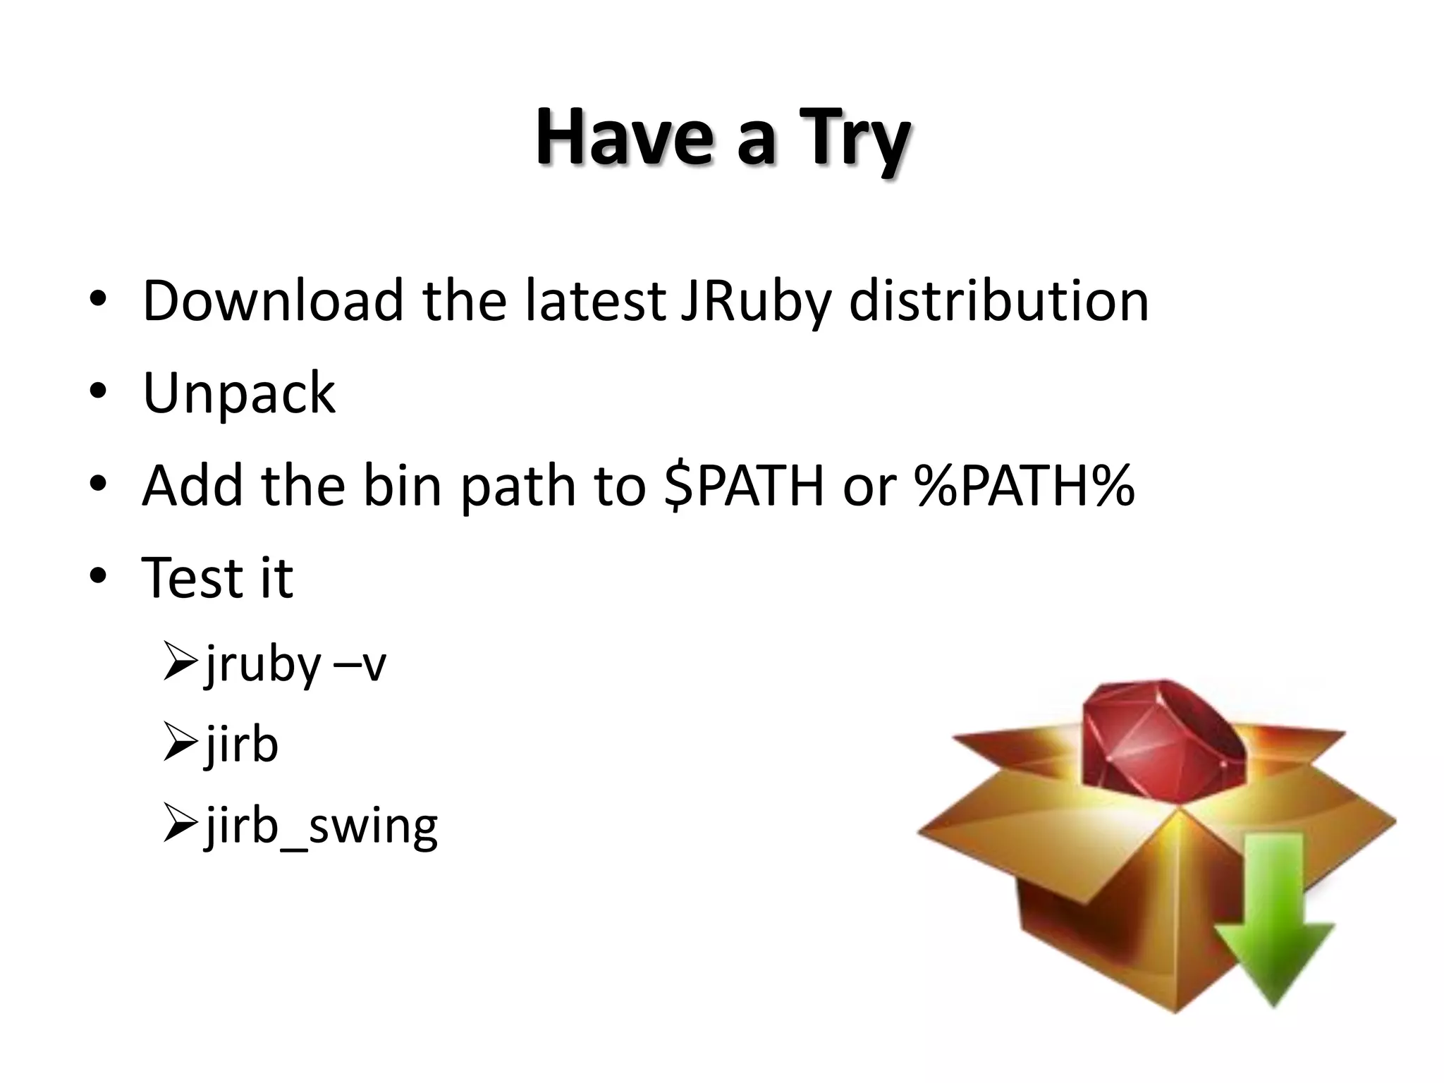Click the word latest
point(595,301)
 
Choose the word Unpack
point(239,393)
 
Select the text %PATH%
point(1024,486)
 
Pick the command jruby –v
point(295,664)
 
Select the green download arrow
point(1275,917)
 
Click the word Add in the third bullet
point(192,486)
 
